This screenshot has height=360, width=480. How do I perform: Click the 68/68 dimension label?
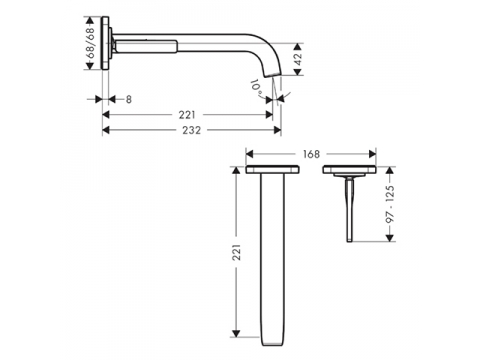91,43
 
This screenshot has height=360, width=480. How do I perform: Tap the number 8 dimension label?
129,99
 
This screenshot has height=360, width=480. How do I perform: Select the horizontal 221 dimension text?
187,115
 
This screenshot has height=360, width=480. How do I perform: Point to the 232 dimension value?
192,130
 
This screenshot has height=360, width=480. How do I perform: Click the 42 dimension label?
298,59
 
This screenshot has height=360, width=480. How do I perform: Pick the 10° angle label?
256,87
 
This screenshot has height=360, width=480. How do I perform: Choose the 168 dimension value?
311,154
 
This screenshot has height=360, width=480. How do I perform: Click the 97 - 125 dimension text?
390,204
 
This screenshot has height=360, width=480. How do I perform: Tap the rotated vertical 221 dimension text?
236,252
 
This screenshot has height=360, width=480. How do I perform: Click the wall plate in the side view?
105,43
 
